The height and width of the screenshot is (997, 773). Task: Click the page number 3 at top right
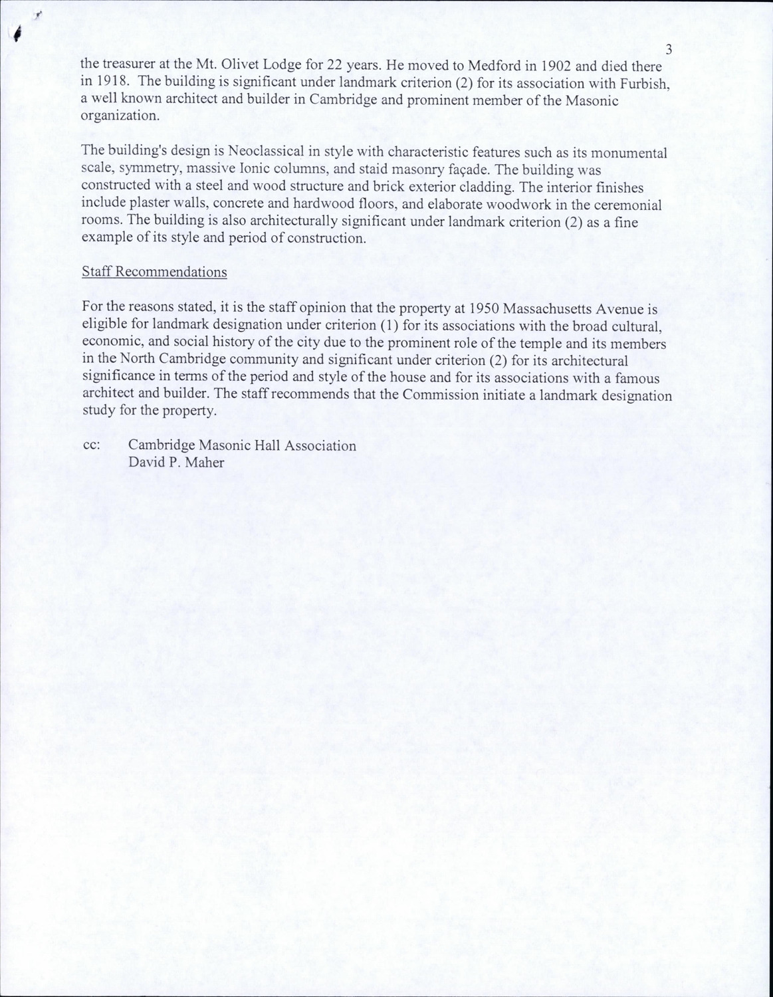pos(669,49)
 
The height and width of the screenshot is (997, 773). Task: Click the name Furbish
pos(637,84)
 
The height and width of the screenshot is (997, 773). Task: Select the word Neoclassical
pos(261,153)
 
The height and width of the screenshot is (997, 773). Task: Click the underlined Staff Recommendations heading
pos(154,273)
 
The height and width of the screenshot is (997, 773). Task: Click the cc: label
pos(92,445)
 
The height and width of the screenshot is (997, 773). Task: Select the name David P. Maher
pos(176,463)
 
